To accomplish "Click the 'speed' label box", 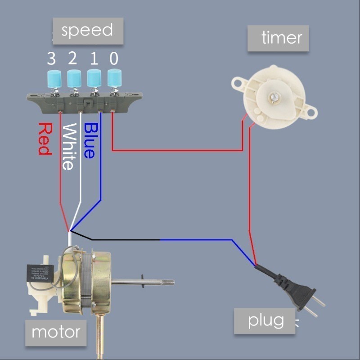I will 88,31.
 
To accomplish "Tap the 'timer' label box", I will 278,38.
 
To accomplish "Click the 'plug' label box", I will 265,321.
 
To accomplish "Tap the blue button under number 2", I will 74,78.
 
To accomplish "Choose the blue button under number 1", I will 94,78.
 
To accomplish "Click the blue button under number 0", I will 114,78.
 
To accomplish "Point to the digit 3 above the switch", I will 52,58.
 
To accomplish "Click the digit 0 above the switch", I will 114,58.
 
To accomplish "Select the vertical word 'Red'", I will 45,139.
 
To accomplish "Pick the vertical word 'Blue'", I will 90,140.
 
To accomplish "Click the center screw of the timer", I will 274,96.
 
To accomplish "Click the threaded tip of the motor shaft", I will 168,283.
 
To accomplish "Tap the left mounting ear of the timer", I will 238,82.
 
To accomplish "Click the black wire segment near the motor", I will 126,240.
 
